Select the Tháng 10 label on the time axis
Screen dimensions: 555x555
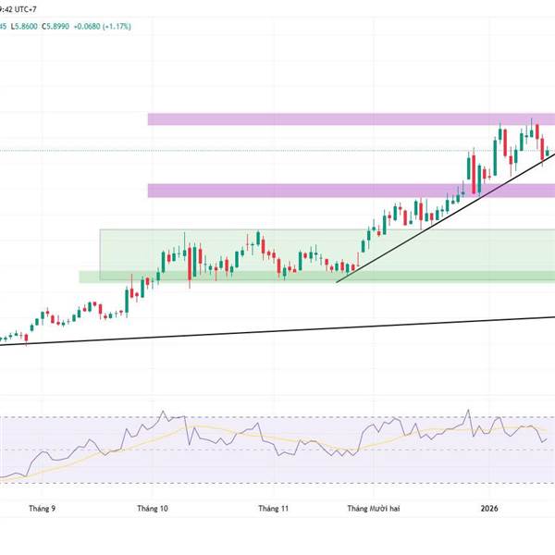coord(153,508)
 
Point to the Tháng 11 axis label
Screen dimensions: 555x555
coord(274,508)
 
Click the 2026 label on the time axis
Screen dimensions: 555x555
coord(490,508)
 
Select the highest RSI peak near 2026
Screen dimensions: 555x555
coord(468,411)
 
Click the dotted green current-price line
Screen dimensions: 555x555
coord(277,150)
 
